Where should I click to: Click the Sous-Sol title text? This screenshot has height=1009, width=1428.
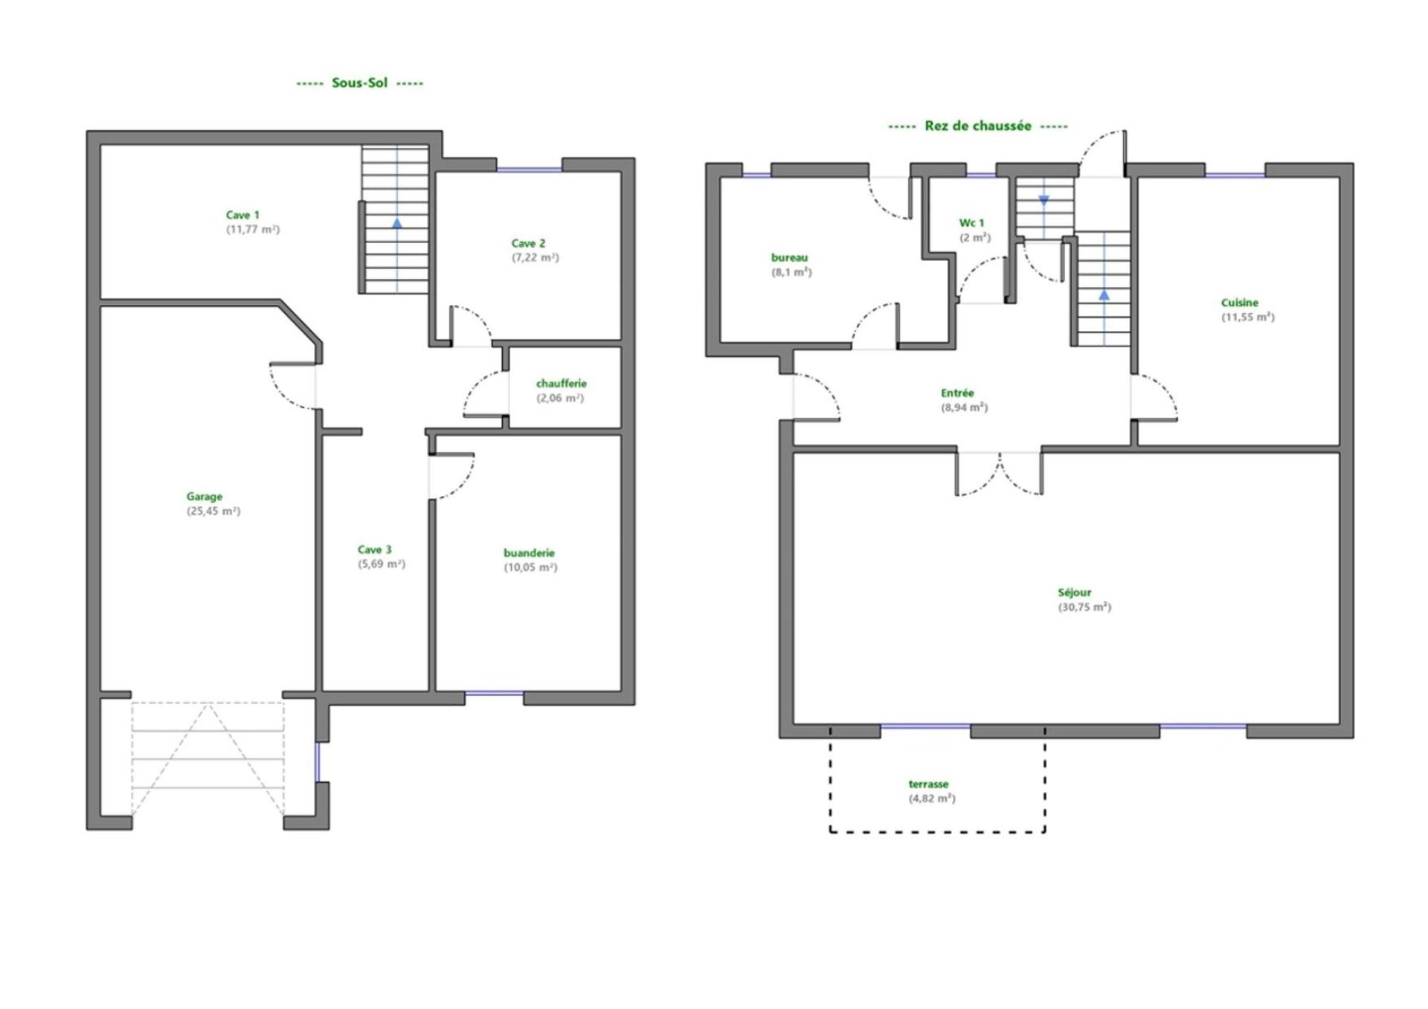(359, 83)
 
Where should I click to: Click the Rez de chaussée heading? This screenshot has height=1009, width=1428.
(978, 126)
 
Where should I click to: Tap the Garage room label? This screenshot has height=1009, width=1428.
(205, 497)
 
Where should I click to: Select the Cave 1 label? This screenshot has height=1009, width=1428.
(242, 215)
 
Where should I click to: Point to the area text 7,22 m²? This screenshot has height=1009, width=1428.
(535, 257)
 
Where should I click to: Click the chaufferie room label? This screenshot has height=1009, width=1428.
(562, 384)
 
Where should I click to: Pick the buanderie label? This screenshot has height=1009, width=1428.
(529, 553)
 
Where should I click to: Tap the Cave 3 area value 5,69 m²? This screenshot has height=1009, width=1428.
(382, 564)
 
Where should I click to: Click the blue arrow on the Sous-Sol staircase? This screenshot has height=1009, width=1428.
(397, 222)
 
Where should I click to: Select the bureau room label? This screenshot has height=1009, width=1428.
(789, 258)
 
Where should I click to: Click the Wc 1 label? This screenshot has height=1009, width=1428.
(971, 223)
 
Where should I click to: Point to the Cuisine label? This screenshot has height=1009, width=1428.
(1240, 303)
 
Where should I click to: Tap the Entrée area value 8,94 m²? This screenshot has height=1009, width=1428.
(965, 407)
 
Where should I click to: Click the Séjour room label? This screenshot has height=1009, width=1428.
(1075, 593)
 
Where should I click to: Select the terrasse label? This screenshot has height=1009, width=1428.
(928, 784)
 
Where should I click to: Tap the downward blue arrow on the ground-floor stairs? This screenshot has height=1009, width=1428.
(1043, 201)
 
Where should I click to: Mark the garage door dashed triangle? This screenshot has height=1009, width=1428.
(208, 758)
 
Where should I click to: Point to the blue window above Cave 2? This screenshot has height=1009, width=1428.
(529, 170)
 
